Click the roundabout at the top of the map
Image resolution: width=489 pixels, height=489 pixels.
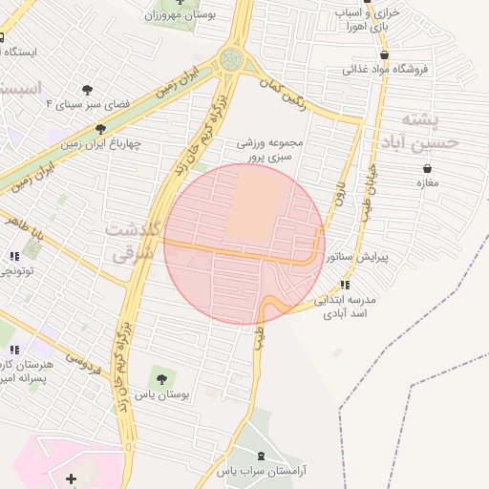click(230, 60)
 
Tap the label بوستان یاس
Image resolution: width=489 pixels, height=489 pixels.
click(163, 393)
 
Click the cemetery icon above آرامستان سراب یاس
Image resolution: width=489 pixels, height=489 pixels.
click(264, 456)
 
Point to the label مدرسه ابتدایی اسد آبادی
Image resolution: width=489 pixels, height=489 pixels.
click(349, 306)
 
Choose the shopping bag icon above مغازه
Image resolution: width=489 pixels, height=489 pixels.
click(426, 168)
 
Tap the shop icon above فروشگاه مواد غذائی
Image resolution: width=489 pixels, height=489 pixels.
click(358, 69)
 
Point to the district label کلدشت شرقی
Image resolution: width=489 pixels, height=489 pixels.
click(137, 244)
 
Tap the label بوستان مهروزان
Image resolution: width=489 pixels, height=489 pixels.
click(181, 14)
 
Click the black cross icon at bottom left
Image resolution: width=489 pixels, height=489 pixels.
click(71, 478)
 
